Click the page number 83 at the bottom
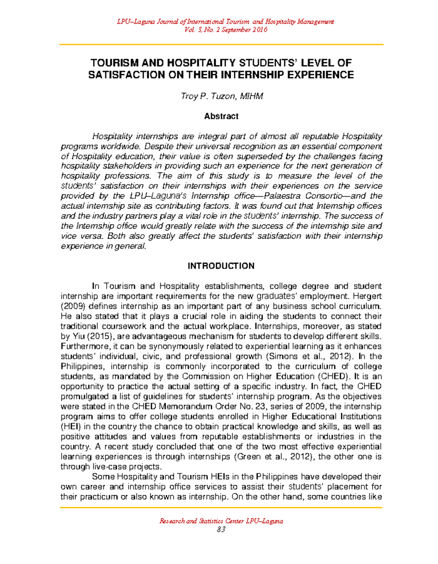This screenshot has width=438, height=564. click(221, 529)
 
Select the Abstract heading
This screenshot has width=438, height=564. click(221, 116)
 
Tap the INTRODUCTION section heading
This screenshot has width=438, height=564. click(221, 266)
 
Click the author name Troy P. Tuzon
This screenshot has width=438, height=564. click(222, 96)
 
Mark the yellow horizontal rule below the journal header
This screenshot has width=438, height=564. click(221, 45)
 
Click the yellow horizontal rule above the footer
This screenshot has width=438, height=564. click(221, 508)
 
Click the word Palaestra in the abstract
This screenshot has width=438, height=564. click(285, 196)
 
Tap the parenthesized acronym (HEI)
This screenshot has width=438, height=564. click(71, 427)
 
